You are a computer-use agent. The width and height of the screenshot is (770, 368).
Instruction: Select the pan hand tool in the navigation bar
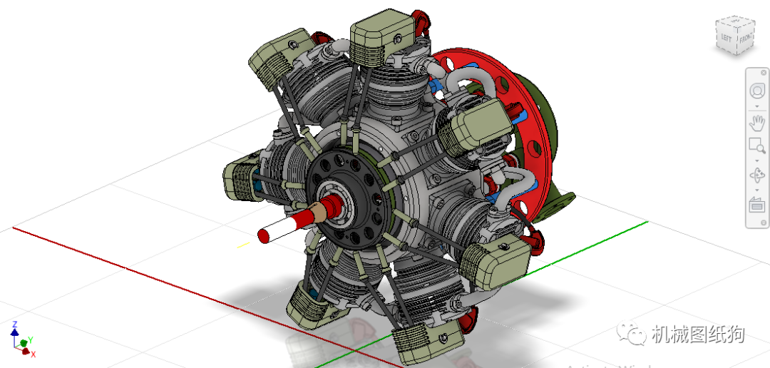click(x=756, y=123)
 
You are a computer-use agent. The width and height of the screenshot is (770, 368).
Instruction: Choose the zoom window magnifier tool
click(x=756, y=147)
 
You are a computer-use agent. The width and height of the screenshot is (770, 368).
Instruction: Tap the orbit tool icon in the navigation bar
click(x=756, y=175)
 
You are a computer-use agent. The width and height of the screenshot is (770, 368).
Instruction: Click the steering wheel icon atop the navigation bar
click(x=756, y=91)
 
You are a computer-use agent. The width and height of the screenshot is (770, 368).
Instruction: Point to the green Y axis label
click(x=29, y=340)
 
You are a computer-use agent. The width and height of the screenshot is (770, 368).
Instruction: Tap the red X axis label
click(x=33, y=354)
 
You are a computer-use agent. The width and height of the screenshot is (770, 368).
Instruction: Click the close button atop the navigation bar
click(x=762, y=72)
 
